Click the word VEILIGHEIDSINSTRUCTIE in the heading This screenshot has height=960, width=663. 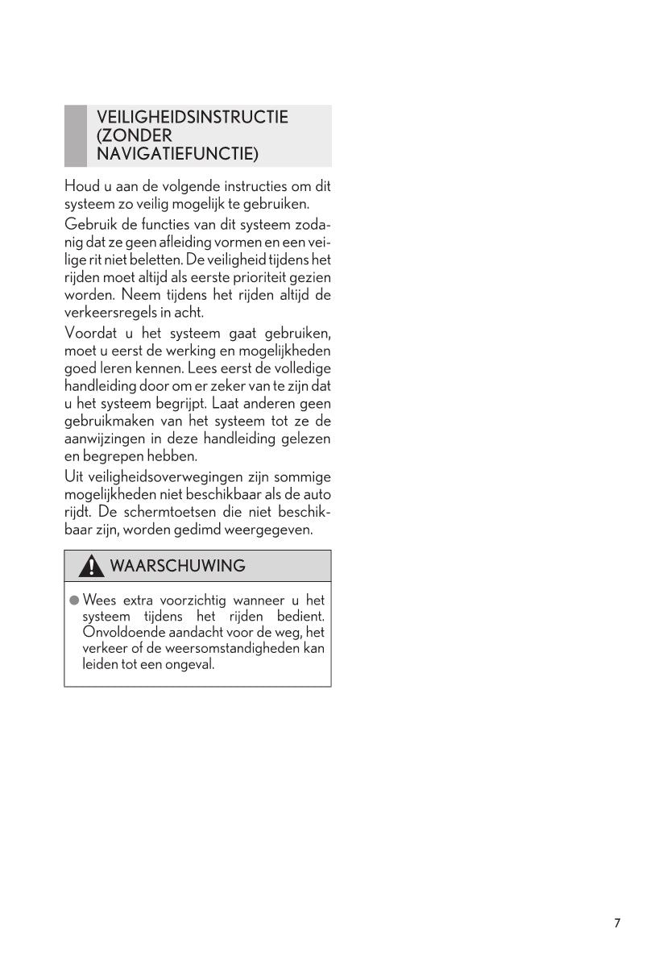[192, 118]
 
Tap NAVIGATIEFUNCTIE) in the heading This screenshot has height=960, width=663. [177, 153]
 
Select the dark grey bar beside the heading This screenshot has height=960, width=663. [75, 135]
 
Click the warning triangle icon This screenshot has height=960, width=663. [92, 567]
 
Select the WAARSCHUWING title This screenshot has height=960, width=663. [177, 567]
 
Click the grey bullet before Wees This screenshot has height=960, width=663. [73, 601]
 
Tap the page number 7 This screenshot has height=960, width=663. [617, 924]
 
